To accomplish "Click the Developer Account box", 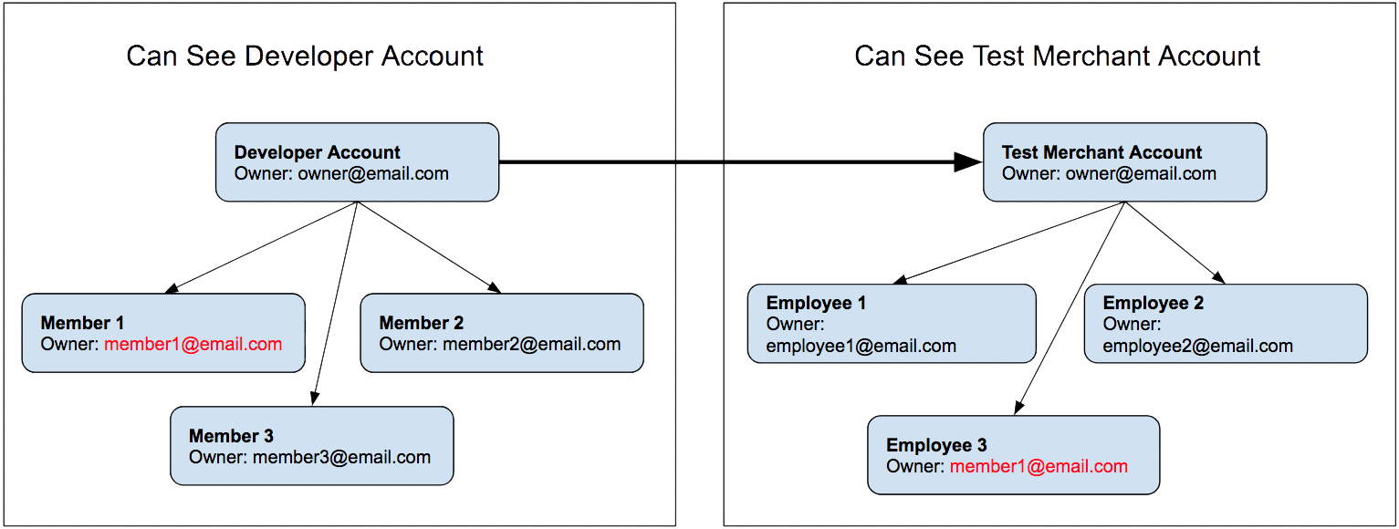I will (x=357, y=162).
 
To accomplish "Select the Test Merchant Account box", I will (x=1124, y=162).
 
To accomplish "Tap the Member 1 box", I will (x=163, y=333).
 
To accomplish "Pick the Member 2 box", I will (x=502, y=333).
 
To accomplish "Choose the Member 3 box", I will (x=311, y=446).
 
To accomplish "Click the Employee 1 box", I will (x=892, y=324).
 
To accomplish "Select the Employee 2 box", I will (x=1226, y=324).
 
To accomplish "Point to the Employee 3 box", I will (x=1013, y=455).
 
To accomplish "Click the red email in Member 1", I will (x=193, y=345).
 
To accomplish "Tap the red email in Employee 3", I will (x=1039, y=467).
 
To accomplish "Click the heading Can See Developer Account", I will (x=305, y=57).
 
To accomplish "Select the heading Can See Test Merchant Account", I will (x=1057, y=57).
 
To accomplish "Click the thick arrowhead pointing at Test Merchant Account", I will (x=967, y=162).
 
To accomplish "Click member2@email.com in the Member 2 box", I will (x=532, y=345).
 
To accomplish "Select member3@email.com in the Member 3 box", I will (x=341, y=458).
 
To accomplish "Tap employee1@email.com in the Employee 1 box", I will (x=861, y=347).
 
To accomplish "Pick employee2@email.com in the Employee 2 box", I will (x=1197, y=347).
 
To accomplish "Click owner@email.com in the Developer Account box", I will (x=373, y=174).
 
